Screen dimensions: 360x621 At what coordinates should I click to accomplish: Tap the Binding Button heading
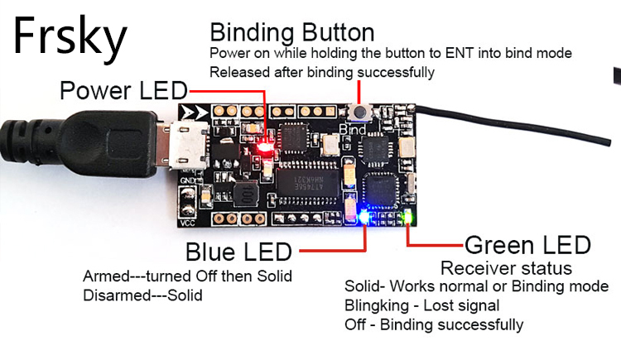click(291, 33)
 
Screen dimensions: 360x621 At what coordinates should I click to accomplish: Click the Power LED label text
click(123, 90)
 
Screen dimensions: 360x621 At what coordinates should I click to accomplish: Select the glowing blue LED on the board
click(365, 217)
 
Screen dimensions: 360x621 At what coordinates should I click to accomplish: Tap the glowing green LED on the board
click(407, 218)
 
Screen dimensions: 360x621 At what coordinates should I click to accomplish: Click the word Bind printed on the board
click(352, 130)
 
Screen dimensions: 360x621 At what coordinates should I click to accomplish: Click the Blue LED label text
click(238, 252)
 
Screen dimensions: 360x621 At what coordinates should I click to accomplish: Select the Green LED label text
click(527, 245)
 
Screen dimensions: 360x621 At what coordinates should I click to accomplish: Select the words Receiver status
click(506, 268)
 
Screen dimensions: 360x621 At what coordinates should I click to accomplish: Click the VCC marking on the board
click(187, 223)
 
